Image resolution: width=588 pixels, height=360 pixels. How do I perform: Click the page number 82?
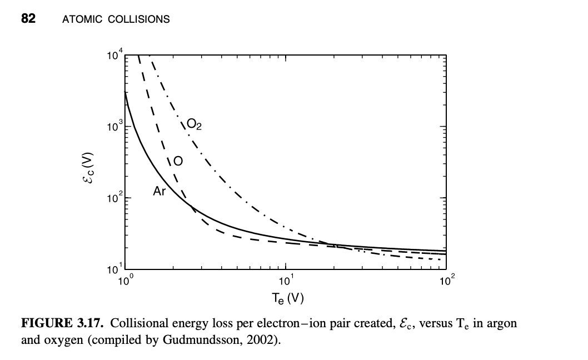(28, 19)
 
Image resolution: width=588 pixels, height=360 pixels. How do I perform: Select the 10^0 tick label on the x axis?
(126, 281)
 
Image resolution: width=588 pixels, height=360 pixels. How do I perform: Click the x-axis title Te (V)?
(287, 298)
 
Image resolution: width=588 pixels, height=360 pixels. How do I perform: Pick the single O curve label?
(177, 162)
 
